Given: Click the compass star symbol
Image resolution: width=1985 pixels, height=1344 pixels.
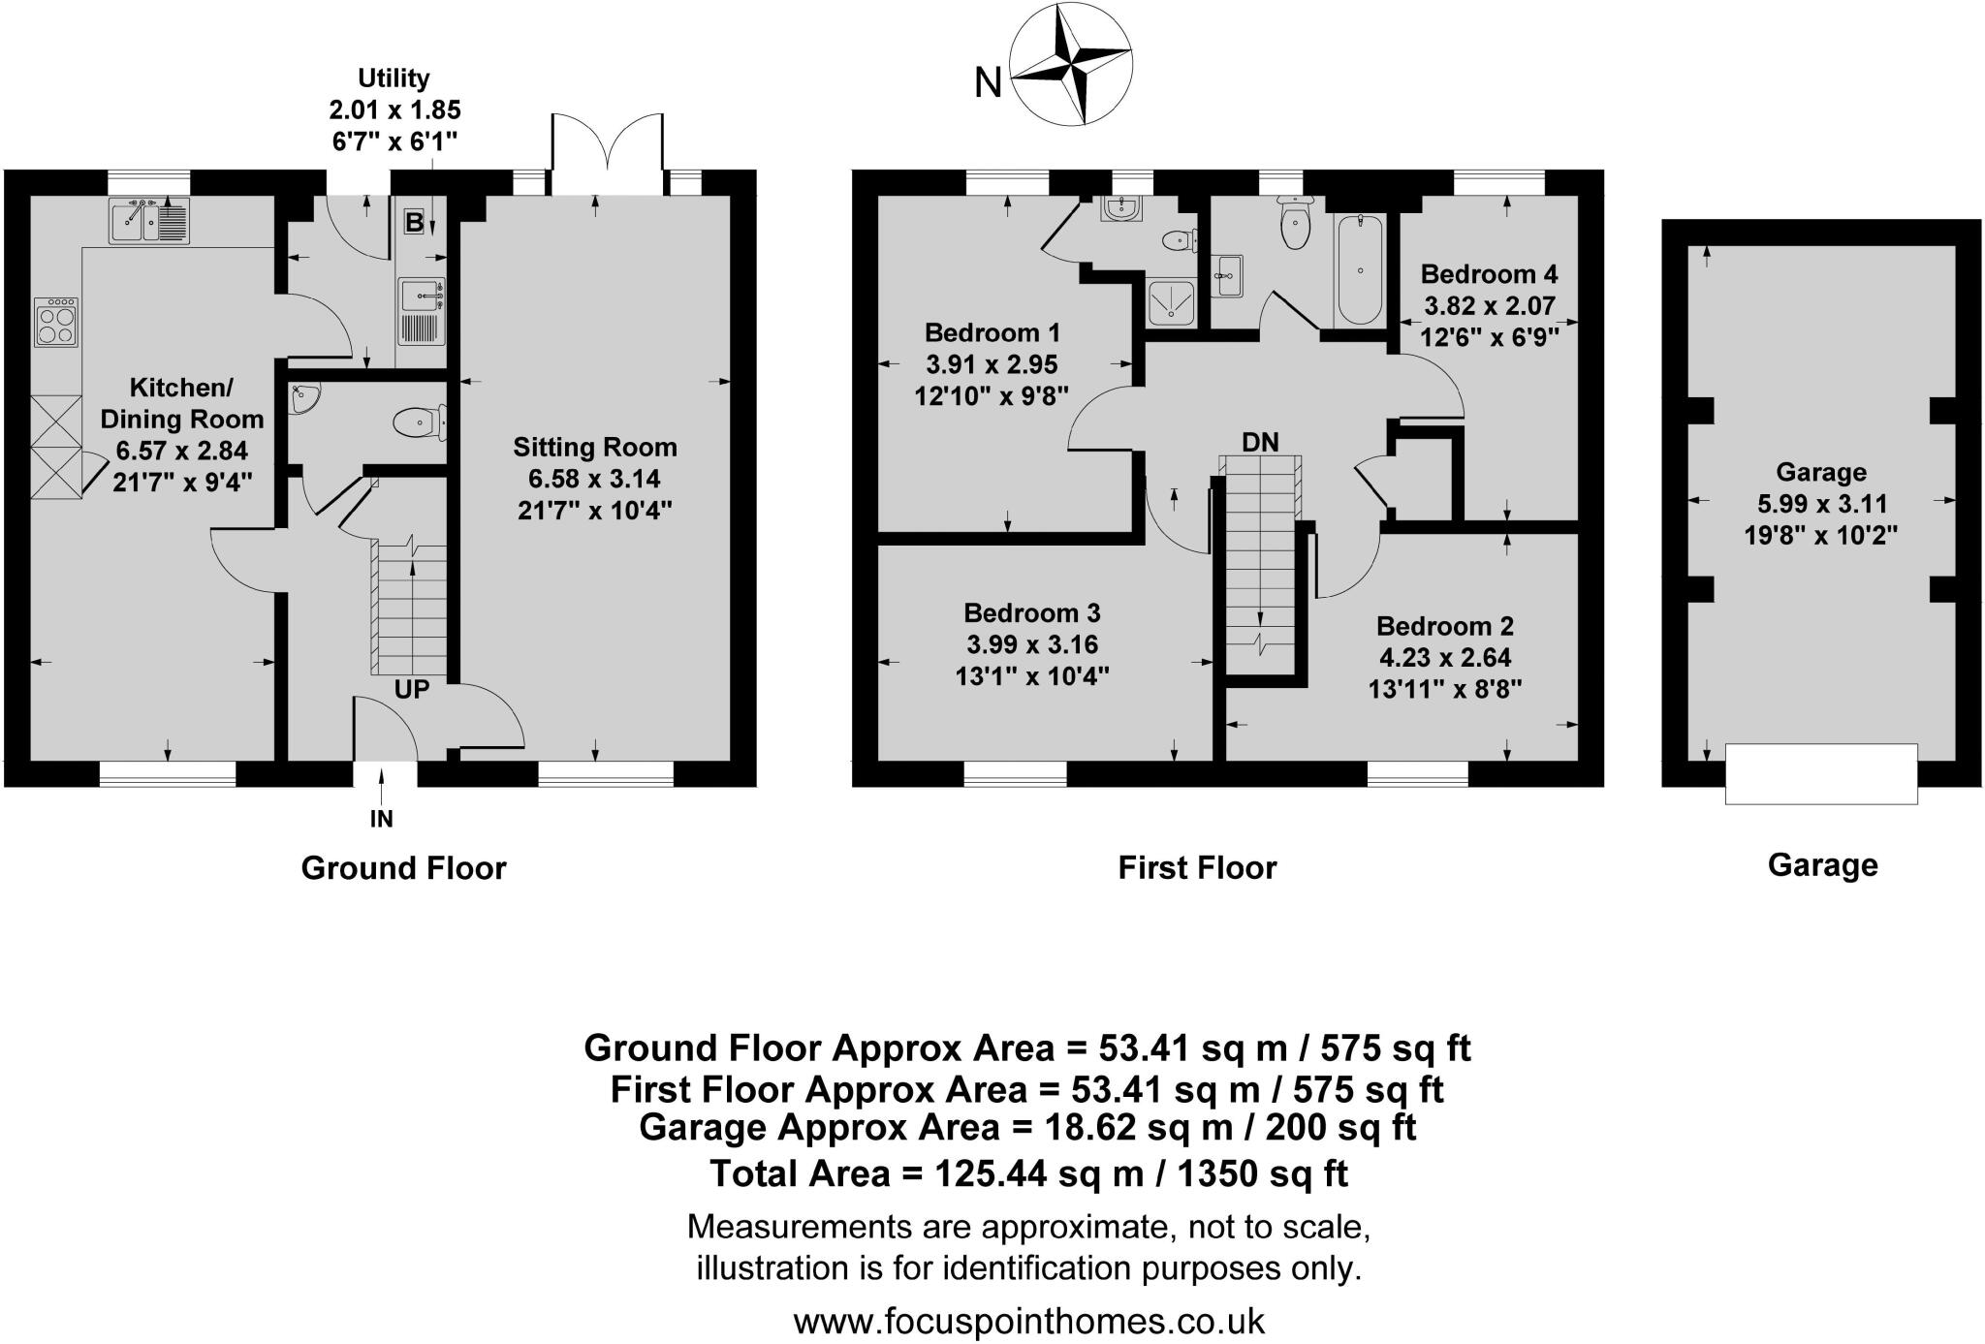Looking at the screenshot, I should (1071, 64).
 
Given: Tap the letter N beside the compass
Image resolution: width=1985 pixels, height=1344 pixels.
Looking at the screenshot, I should (987, 84).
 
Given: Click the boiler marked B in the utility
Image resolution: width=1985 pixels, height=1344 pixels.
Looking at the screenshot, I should (414, 222).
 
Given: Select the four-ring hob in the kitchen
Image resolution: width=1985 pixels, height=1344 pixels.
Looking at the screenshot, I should (56, 322).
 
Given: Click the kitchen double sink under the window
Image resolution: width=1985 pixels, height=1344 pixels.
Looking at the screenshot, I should (149, 222).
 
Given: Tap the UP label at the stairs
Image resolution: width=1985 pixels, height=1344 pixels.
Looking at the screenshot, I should (412, 689).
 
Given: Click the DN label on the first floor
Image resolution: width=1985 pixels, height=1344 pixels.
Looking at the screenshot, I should (1260, 443).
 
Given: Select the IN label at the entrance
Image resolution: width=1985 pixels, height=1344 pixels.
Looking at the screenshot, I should (382, 819).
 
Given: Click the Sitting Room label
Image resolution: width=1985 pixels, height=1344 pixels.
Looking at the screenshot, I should (594, 448).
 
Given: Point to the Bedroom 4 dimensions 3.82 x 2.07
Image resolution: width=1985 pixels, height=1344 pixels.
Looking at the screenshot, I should (1490, 306).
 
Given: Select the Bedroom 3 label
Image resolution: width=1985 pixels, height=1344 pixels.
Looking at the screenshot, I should (1031, 613).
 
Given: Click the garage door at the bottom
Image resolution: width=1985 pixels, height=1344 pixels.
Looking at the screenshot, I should (1820, 773).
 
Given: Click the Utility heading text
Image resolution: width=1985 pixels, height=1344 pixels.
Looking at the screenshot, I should (394, 78).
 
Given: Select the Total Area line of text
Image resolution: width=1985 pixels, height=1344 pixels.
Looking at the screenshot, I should (1028, 1173).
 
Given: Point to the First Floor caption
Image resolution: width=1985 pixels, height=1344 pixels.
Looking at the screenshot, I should (1197, 867).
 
